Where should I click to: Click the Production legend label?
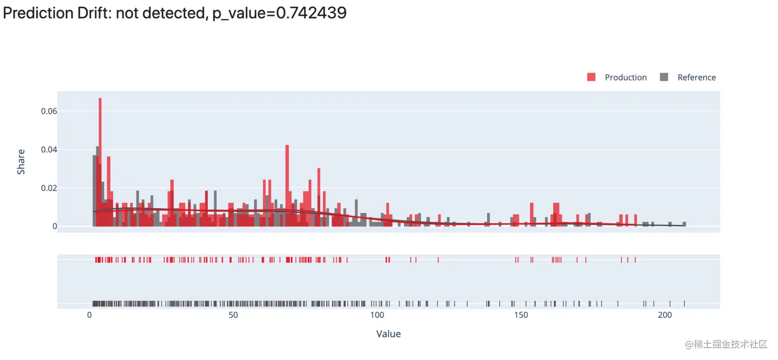pyautogui.click(x=626, y=78)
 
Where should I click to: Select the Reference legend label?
pyautogui.click(x=696, y=78)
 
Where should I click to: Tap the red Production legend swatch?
pyautogui.click(x=591, y=77)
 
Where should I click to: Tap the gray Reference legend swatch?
pyautogui.click(x=664, y=77)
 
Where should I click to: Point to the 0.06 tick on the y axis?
pyautogui.click(x=48, y=111)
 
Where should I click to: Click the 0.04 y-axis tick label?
pyautogui.click(x=48, y=150)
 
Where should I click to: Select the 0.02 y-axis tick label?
pyautogui.click(x=48, y=188)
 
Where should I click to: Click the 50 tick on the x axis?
pyautogui.click(x=233, y=315)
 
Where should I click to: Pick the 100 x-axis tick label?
pyautogui.click(x=377, y=315)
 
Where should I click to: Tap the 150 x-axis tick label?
pyautogui.click(x=521, y=315)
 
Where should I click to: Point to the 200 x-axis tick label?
pyautogui.click(x=665, y=315)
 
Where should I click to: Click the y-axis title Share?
pyautogui.click(x=21, y=161)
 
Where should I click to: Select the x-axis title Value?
pyautogui.click(x=388, y=334)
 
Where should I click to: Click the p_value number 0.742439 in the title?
pyautogui.click(x=311, y=13)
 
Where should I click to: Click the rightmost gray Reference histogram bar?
pyautogui.click(x=684, y=224)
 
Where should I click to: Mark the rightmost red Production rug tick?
pyautogui.click(x=635, y=260)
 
